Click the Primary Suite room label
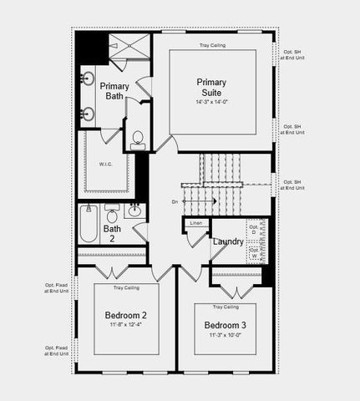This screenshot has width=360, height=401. [x=211, y=87]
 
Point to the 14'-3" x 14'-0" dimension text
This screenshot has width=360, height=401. [x=211, y=101]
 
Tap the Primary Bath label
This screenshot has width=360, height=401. [x=114, y=91]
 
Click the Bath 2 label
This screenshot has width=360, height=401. [x=112, y=233]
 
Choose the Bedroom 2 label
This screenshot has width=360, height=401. [x=126, y=315]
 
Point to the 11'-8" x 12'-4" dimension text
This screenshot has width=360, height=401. [x=126, y=327]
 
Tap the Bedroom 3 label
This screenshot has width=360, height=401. [x=225, y=325]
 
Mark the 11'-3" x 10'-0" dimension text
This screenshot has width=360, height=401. [x=225, y=336]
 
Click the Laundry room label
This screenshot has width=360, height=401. [x=228, y=242]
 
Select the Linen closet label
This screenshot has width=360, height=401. [x=196, y=223]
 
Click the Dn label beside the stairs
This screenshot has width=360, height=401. [x=175, y=201]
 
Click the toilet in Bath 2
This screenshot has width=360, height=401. [x=112, y=216]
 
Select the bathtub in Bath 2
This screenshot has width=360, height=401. [x=89, y=224]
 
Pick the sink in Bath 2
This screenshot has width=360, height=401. [x=134, y=210]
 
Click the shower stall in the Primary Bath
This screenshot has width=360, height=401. [x=129, y=50]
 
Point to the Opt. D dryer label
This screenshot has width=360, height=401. [x=253, y=228]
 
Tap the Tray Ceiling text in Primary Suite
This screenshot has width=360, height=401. [x=212, y=45]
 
